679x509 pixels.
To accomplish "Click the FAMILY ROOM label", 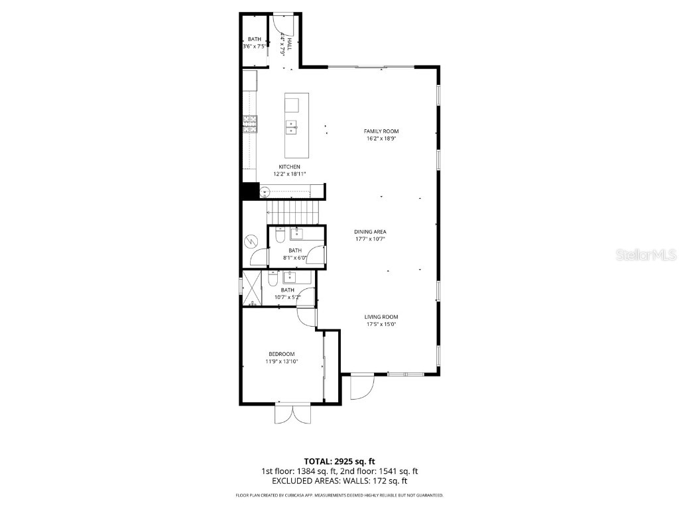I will tap(381, 131).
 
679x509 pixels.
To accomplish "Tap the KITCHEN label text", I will tap(289, 166).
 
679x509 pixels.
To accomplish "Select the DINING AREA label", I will tap(370, 232).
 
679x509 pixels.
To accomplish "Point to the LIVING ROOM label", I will tap(381, 317).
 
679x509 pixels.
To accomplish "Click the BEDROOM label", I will tap(281, 354).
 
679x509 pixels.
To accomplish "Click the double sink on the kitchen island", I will tap(292, 127).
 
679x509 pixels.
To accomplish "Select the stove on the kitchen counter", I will tap(250, 123).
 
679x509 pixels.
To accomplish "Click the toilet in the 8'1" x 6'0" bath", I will tap(280, 235).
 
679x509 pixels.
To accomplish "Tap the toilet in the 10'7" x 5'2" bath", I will tap(272, 279).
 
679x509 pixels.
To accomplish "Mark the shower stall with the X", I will tap(251, 288).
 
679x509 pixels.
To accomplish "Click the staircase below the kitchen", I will tap(292, 213).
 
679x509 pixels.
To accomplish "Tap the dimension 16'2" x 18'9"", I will tap(381, 139).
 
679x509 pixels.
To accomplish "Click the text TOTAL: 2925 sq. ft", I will tap(339, 461).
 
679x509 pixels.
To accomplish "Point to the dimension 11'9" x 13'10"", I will tap(281, 361).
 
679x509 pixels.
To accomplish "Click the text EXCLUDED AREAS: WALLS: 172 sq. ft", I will tap(339, 481).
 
